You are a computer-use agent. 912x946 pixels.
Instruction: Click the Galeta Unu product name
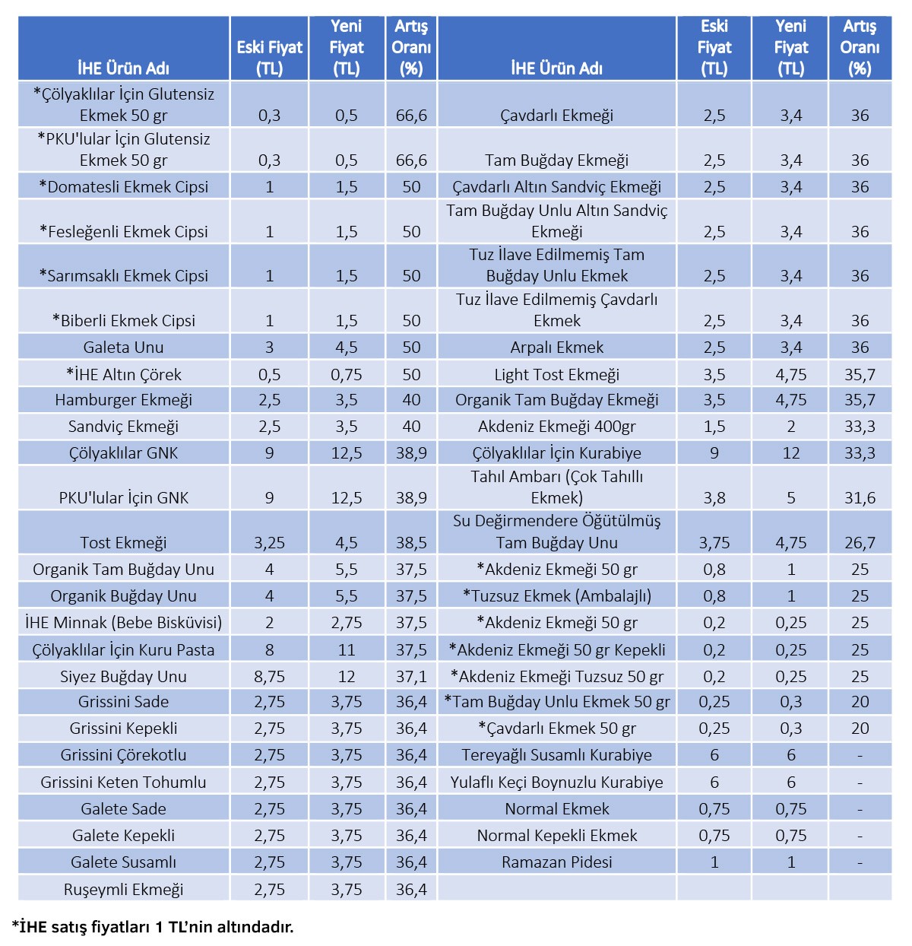[123, 347]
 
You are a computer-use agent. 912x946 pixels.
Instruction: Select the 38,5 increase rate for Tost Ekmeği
[411, 542]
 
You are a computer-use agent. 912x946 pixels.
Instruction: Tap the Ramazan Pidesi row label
[557, 862]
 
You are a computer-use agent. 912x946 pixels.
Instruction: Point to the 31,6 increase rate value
[860, 498]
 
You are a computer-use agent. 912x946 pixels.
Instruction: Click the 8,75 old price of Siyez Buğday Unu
[269, 676]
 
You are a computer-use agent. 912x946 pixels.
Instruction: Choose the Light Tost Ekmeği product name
[557, 374]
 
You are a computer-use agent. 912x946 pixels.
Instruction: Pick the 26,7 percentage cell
[860, 542]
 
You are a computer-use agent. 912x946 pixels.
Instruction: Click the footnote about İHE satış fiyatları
[153, 926]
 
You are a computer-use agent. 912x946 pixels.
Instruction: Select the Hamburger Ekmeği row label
[123, 399]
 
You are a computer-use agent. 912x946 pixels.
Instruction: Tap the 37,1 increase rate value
[411, 676]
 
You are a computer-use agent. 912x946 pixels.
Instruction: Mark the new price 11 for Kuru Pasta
[346, 649]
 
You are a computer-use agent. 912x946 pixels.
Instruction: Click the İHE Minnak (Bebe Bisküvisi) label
[123, 622]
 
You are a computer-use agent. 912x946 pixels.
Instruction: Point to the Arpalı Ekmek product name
[557, 347]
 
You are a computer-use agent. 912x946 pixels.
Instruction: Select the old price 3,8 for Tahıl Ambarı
[714, 498]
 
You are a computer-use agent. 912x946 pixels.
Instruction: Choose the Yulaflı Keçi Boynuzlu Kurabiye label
[557, 782]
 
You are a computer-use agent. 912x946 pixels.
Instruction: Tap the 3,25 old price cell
[269, 542]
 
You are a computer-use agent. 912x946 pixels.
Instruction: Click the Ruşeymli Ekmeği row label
[123, 889]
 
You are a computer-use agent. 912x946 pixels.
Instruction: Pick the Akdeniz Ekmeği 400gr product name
[557, 427]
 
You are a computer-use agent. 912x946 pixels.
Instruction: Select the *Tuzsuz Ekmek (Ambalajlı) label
[557, 595]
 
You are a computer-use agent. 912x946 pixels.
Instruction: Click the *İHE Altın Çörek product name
[123, 374]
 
